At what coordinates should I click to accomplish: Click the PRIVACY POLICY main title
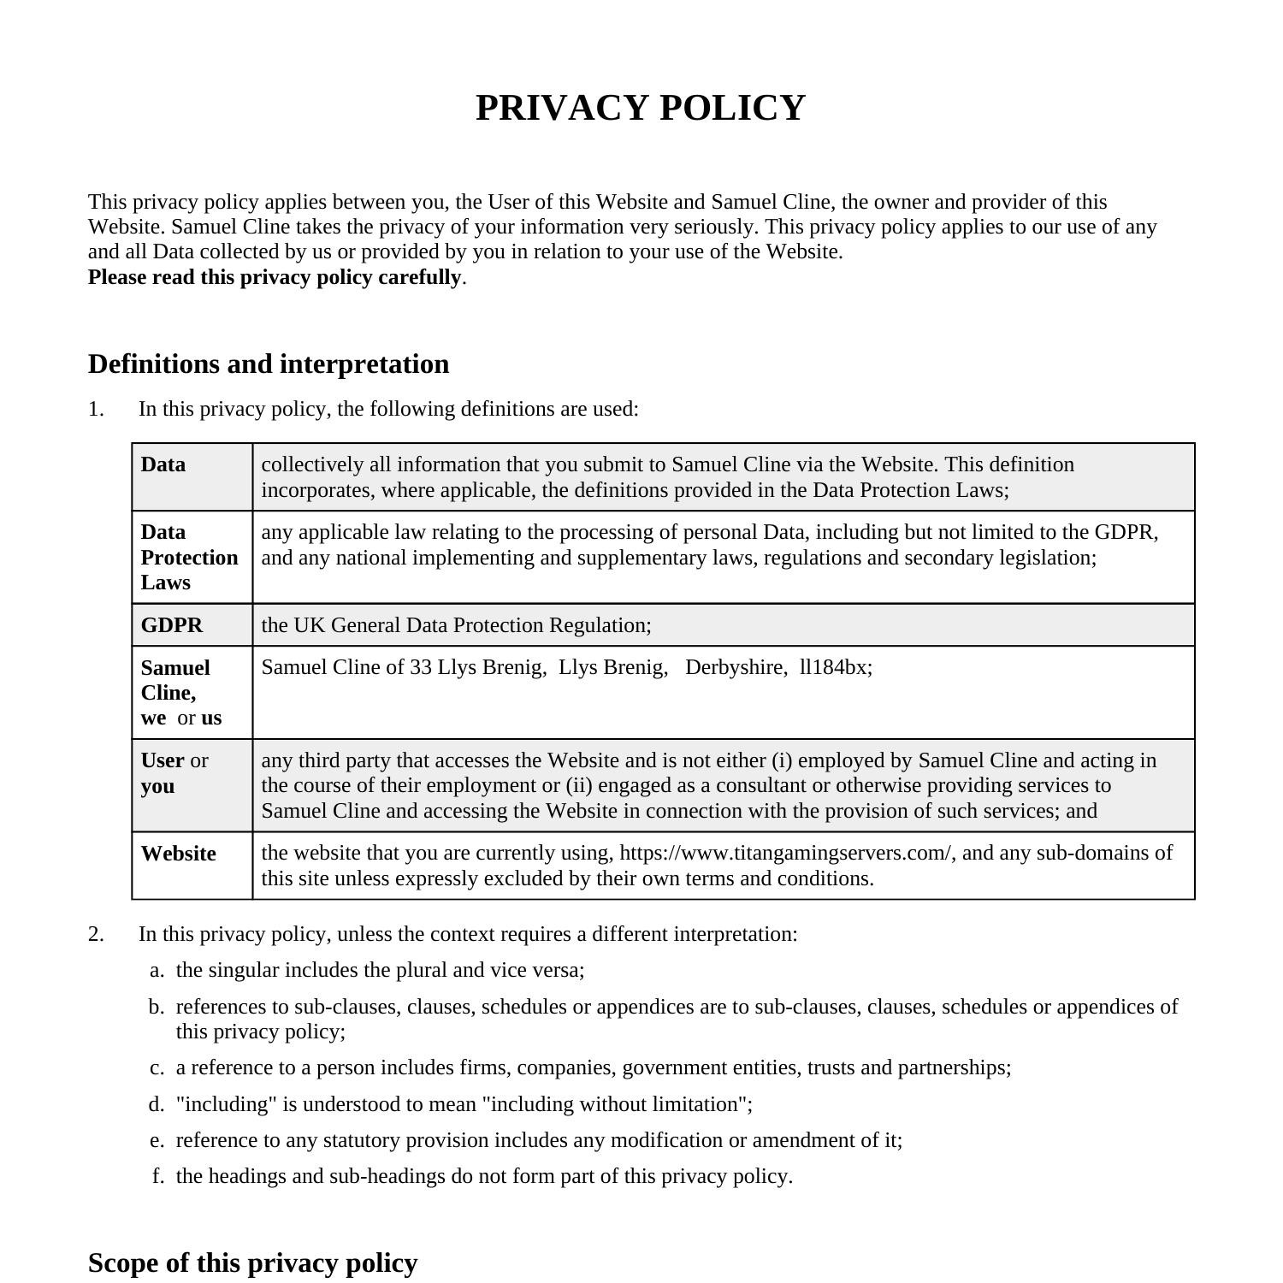tap(640, 109)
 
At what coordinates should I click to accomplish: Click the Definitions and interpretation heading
tap(269, 364)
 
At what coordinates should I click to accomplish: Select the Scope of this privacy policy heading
tap(252, 1262)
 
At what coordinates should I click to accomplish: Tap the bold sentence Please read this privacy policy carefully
tap(275, 277)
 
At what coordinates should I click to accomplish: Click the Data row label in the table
tap(163, 464)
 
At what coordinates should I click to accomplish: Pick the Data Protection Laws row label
tap(189, 557)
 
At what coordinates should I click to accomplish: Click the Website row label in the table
tap(179, 854)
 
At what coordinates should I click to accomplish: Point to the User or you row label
tap(174, 773)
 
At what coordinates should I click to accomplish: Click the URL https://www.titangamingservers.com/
tap(785, 853)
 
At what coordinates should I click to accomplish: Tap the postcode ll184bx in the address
tap(834, 667)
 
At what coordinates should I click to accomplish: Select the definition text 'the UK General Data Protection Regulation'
tap(455, 625)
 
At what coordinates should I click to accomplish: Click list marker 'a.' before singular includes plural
tap(157, 970)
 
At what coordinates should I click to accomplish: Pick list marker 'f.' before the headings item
tap(158, 1176)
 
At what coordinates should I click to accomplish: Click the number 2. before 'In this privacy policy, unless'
tap(96, 934)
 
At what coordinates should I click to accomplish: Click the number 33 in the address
tap(421, 667)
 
